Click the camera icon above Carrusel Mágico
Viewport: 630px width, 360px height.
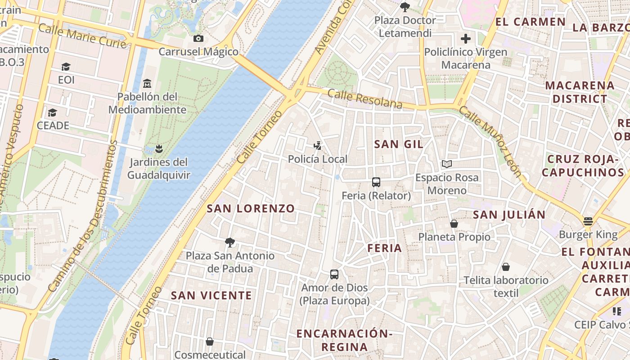click(x=198, y=39)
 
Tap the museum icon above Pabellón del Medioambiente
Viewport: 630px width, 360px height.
click(x=147, y=84)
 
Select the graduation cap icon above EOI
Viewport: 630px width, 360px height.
click(x=66, y=67)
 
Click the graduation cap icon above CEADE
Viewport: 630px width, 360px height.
click(x=53, y=112)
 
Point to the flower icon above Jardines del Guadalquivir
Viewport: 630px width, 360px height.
click(x=158, y=148)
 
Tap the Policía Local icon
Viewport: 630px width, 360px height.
click(x=318, y=146)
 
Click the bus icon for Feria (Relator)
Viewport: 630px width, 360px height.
click(x=376, y=182)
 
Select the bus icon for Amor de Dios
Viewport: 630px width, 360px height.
click(x=334, y=274)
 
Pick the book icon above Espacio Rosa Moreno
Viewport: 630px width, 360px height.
click(x=446, y=164)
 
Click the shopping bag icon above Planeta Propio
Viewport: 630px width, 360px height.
click(x=454, y=224)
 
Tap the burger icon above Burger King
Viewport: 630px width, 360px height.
click(x=588, y=221)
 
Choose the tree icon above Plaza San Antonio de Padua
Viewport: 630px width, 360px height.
click(x=230, y=243)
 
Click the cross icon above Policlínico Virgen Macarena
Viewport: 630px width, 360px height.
click(x=466, y=39)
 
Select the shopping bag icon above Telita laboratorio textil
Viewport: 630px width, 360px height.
click(x=506, y=267)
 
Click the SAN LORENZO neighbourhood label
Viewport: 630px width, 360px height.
click(x=251, y=208)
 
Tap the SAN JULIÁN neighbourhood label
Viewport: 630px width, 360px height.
click(x=509, y=215)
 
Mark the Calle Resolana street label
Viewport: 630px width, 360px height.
click(x=365, y=99)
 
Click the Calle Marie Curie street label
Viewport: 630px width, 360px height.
click(x=82, y=36)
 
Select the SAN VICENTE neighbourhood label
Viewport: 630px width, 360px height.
click(x=211, y=295)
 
